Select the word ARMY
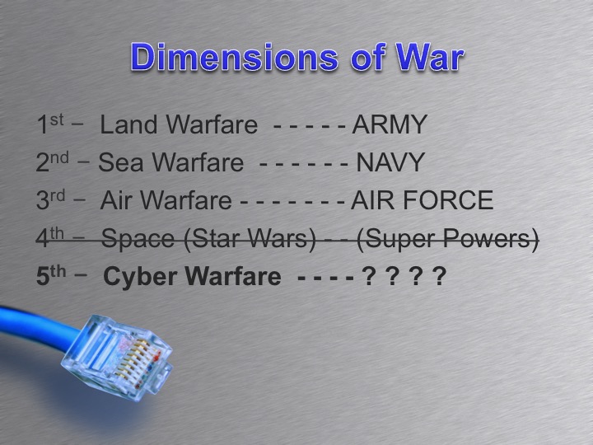coord(390,125)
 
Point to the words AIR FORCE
coord(422,200)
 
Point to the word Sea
coord(120,162)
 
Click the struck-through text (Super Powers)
coord(449,239)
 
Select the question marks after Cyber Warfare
coord(404,276)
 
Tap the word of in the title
coord(353,57)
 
